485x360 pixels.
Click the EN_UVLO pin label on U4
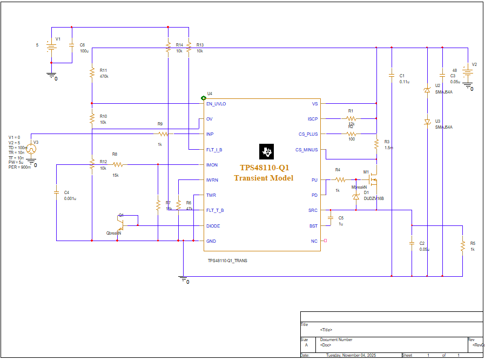216,104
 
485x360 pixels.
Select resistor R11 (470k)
92,73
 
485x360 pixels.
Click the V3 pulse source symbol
32,149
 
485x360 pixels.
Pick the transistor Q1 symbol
119,222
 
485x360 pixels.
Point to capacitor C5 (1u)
331,218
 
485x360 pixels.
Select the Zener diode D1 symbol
356,197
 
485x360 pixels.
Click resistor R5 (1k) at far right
463,246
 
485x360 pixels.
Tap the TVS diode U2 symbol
427,91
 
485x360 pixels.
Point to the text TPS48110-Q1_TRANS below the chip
227,261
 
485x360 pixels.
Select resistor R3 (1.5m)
376,144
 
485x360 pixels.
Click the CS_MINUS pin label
307,150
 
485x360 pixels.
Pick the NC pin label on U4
314,241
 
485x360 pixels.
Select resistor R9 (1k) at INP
164,134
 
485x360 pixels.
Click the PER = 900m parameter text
19,167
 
